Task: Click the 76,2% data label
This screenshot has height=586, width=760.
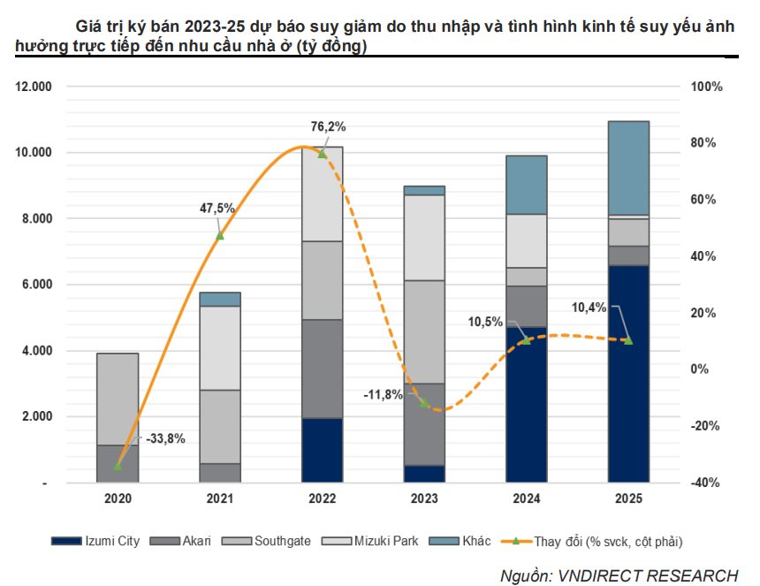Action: (328, 126)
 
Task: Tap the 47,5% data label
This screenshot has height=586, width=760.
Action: (217, 209)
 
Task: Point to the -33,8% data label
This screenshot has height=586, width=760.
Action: (165, 438)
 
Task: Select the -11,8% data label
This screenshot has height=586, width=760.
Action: (383, 394)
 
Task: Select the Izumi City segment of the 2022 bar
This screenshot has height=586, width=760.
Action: (322, 450)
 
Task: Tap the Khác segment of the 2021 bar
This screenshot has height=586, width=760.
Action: (219, 299)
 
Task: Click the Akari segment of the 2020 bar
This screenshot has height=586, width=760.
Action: (118, 464)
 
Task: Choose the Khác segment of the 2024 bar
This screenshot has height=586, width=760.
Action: (526, 185)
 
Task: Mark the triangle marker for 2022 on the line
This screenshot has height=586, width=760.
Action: (322, 154)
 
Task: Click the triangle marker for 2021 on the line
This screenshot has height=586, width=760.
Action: (219, 235)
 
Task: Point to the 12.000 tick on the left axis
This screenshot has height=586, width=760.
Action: (36, 87)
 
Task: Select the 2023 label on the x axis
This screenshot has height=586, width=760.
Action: (423, 499)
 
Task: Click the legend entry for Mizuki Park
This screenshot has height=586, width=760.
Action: (384, 541)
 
